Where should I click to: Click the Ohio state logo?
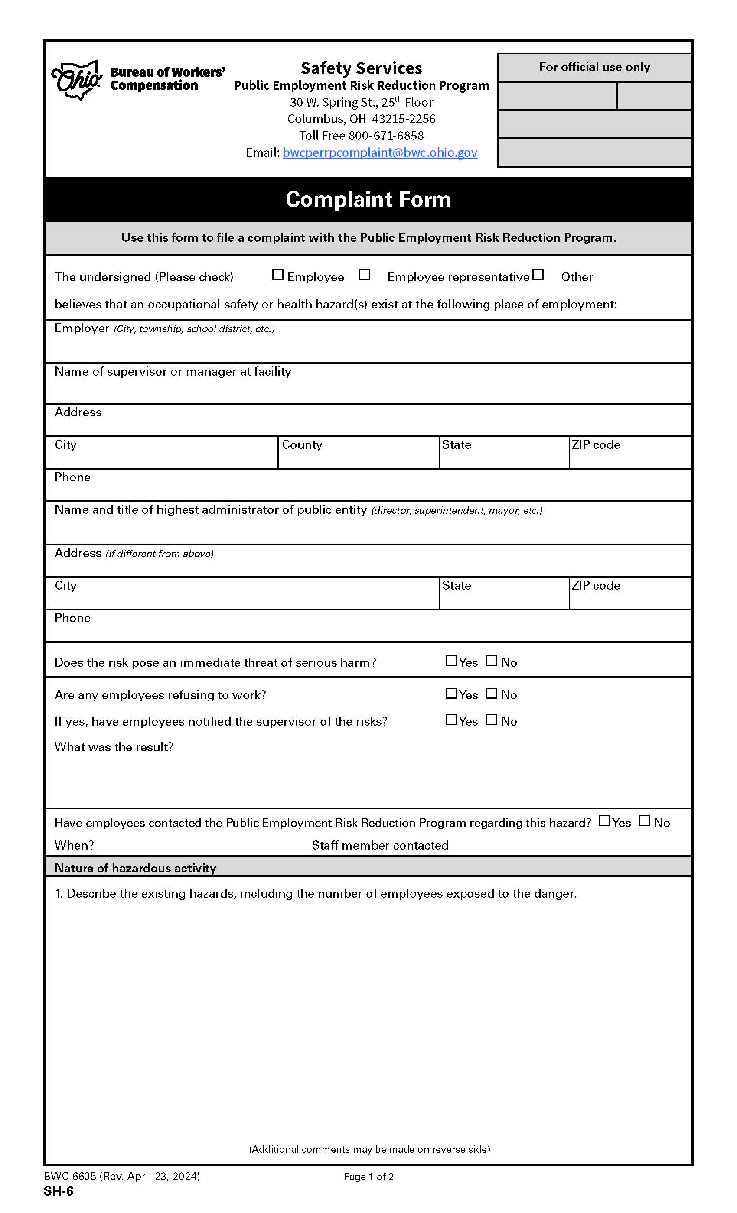coord(77,80)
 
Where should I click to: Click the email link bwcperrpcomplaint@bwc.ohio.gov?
coord(379,152)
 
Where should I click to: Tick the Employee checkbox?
coord(278,275)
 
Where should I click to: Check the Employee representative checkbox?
coord(364,275)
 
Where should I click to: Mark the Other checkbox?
coord(538,275)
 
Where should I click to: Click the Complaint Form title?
coord(368,199)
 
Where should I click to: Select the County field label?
coord(302,444)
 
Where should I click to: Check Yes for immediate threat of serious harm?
coord(451,661)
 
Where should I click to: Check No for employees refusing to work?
coord(491,693)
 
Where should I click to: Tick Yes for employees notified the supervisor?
coord(451,720)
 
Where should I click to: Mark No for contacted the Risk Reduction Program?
coord(644,821)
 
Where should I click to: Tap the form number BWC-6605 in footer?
coord(70,1176)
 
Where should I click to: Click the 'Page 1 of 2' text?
coord(368,1177)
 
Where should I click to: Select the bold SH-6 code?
coord(58,1191)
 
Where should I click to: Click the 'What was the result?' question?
coord(114,747)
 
